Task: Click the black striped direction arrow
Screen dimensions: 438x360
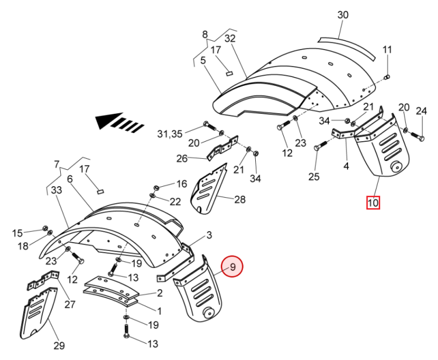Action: (119, 122)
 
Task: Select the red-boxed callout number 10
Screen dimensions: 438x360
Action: (373, 202)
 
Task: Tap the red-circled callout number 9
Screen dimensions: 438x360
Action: (232, 267)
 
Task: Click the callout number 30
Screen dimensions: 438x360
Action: (343, 15)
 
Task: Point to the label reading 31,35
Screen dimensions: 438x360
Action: (169, 134)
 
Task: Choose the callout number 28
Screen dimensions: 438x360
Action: (239, 200)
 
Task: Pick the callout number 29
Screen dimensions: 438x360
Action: (59, 346)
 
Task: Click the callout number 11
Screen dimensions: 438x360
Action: (387, 50)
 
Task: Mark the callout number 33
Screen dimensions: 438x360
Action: (57, 190)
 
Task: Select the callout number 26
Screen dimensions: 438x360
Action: (182, 159)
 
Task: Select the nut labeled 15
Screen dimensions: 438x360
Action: (45, 228)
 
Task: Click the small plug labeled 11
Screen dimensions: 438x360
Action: (387, 76)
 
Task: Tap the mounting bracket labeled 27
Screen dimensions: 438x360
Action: (44, 280)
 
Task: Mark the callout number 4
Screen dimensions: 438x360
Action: (346, 166)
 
